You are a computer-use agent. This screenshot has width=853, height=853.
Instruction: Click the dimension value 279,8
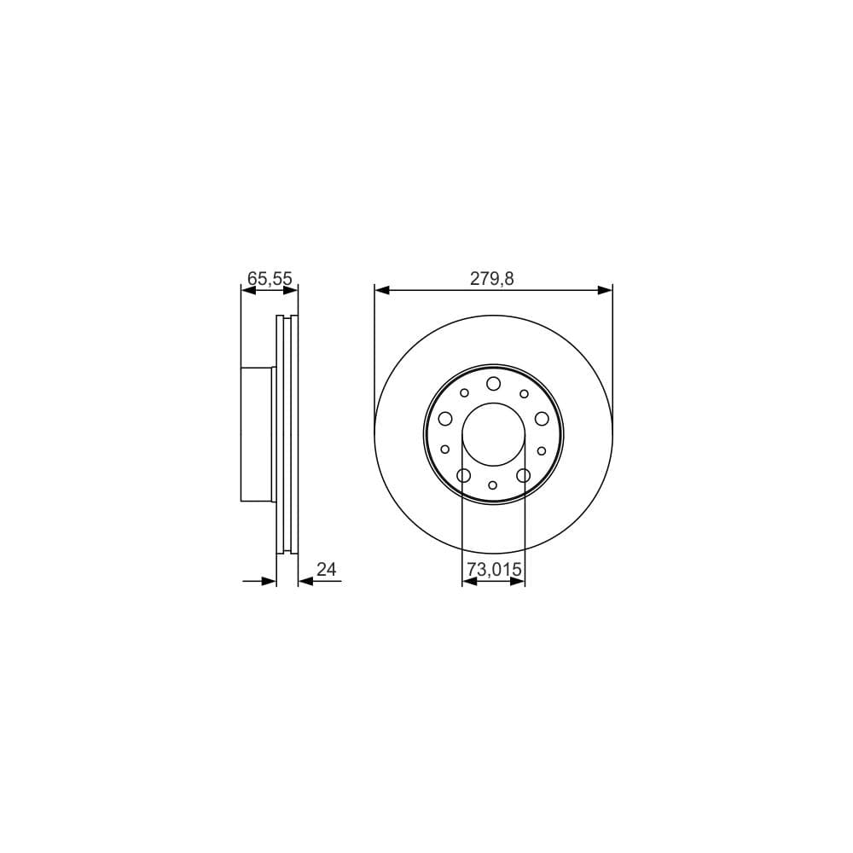(x=493, y=277)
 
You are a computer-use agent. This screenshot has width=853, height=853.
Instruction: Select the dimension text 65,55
(x=270, y=277)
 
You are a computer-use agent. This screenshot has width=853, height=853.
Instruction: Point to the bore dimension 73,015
(x=493, y=568)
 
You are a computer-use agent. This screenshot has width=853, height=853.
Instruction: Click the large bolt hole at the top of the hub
(x=493, y=385)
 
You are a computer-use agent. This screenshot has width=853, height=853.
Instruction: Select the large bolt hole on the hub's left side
(x=445, y=418)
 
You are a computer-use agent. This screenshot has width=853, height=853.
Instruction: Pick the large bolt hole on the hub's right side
(x=542, y=418)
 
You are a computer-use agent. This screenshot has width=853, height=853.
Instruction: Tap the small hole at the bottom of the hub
(x=493, y=485)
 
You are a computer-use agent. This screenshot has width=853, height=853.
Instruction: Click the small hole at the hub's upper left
(x=464, y=393)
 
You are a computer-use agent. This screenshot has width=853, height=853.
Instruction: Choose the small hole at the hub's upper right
(x=524, y=393)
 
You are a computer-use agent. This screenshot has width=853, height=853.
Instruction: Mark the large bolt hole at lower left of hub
(x=464, y=475)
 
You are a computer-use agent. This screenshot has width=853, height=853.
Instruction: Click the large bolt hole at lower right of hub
(x=523, y=475)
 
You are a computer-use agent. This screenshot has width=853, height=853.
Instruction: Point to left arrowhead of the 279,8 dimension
(x=381, y=291)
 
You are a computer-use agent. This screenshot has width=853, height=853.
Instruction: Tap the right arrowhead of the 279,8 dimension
(x=606, y=291)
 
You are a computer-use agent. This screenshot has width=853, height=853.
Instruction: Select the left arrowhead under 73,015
(x=468, y=582)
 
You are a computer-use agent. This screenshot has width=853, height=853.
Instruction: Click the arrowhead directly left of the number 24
(x=305, y=582)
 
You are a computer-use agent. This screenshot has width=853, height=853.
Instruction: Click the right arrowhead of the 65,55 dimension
(x=292, y=291)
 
